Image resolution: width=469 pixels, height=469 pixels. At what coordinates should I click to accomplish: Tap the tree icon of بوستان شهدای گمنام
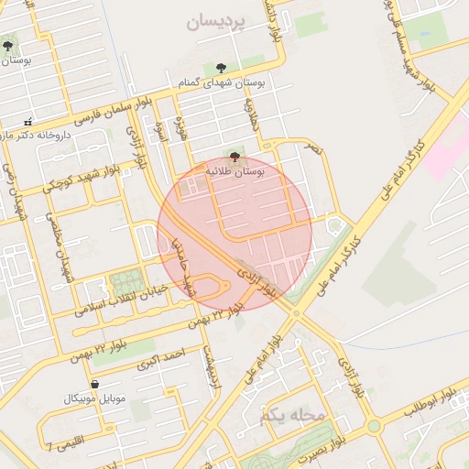click(x=221, y=67)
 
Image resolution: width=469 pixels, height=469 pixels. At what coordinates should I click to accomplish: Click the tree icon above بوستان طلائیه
click(x=234, y=157)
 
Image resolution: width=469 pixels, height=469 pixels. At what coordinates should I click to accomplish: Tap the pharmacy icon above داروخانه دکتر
click(x=27, y=122)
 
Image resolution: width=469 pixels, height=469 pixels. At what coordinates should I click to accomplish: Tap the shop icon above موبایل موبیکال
click(x=95, y=383)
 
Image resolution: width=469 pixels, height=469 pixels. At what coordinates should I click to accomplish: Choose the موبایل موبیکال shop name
click(x=94, y=398)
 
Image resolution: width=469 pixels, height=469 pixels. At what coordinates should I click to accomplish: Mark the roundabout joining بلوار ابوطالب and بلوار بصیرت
click(x=373, y=427)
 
